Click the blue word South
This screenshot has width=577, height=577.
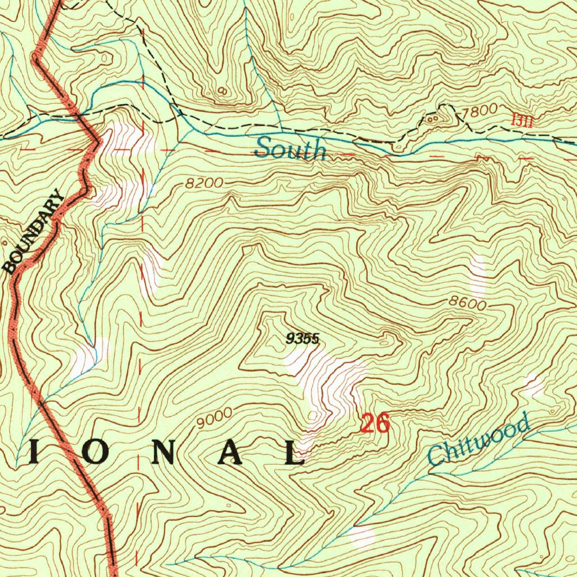pos(290,149)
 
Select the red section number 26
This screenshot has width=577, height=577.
pos(375,423)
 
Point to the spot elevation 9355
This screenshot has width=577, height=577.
pos(303,339)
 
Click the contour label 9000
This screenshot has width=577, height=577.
pos(214,416)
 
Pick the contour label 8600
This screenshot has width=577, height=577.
pos(467,303)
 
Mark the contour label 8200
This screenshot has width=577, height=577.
pos(205,184)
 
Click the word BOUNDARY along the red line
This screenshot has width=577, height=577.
pos(34,233)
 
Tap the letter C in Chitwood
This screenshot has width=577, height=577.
pos(435,455)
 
